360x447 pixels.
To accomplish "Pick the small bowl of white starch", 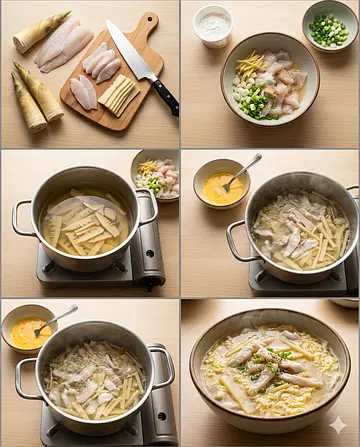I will click(213, 26).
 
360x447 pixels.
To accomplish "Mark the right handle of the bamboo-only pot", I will click(148, 207).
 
